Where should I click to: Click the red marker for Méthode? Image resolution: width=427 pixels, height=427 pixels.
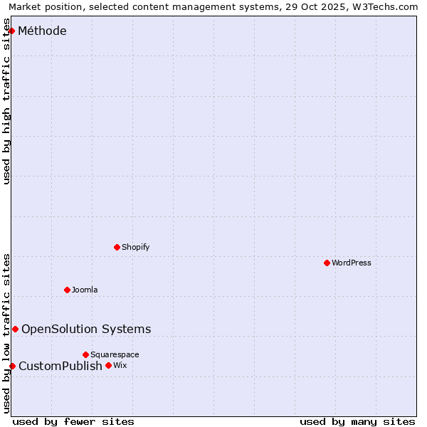(11, 31)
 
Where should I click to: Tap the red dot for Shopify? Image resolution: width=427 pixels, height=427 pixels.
(117, 247)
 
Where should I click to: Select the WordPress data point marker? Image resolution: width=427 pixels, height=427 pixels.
(327, 263)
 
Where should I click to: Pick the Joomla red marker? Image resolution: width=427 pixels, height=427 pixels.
(68, 290)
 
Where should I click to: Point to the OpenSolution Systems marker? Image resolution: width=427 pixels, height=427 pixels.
(15, 329)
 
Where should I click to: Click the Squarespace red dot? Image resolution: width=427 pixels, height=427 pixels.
(85, 354)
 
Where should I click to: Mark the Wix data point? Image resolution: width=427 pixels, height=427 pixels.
(108, 365)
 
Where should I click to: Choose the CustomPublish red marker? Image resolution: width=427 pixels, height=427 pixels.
(12, 366)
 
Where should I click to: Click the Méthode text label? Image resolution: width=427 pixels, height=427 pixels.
(42, 31)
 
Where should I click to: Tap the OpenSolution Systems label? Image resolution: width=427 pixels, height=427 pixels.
(86, 329)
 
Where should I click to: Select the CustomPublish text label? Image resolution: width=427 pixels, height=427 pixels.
(60, 366)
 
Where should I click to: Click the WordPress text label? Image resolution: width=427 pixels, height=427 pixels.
(352, 263)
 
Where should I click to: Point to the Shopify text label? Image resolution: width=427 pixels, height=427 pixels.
(135, 247)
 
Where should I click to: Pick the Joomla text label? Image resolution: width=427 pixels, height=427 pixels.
(85, 290)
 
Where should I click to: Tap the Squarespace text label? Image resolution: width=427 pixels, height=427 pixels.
(115, 354)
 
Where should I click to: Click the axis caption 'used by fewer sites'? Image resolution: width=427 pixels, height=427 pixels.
(73, 421)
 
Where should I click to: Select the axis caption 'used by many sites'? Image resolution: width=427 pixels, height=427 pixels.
(357, 421)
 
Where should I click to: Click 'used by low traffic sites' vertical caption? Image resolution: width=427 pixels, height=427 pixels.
(7, 332)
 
